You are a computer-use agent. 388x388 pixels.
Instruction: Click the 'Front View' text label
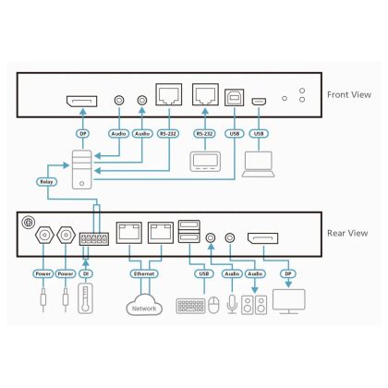coord(349,95)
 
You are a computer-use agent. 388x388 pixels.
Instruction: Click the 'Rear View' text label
coord(347,233)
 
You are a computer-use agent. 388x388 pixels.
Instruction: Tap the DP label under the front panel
coord(83,134)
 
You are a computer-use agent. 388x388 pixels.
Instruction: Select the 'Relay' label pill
coord(46,182)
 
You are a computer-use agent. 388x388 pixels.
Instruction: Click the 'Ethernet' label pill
coord(144,273)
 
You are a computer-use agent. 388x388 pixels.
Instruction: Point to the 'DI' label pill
coord(86,273)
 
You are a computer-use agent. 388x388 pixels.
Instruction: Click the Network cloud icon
coord(144,305)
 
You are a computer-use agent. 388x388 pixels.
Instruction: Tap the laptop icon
coord(259,164)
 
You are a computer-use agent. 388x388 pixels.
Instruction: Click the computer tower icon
coord(81,169)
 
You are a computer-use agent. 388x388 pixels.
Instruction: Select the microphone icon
coord(232,304)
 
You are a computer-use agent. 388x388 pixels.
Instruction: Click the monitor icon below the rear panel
coord(289,301)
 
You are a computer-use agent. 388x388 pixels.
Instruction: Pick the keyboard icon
coord(190,306)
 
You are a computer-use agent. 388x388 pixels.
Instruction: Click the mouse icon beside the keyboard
coord(213,306)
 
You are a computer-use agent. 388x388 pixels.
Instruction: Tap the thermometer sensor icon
coord(85,298)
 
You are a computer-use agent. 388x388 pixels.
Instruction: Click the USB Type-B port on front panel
coord(235,98)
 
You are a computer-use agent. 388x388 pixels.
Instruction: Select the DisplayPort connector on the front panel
coord(82,102)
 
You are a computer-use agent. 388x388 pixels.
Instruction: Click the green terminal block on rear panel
coord(94,239)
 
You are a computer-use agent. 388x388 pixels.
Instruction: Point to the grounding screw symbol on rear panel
coord(28,223)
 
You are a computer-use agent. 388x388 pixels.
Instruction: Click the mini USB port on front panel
coord(259,102)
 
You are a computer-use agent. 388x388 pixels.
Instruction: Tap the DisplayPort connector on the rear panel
coord(263,238)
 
